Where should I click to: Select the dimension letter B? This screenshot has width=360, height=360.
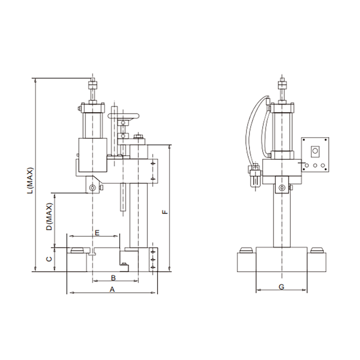113,277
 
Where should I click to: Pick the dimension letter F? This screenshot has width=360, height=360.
165,211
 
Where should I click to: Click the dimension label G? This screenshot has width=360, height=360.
281,287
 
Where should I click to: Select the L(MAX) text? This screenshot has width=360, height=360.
31,180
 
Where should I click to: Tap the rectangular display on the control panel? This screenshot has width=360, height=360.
315,151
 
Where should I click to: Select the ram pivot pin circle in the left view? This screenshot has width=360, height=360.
93,188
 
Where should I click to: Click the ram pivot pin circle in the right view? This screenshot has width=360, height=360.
282,188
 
